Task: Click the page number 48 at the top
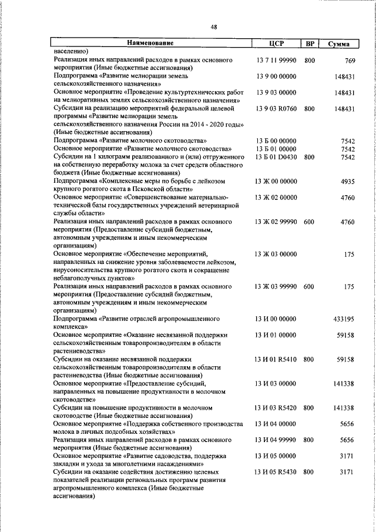[213, 27]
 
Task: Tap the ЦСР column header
[276, 44]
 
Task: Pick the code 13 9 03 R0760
[276, 109]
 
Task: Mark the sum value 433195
[344, 319]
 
